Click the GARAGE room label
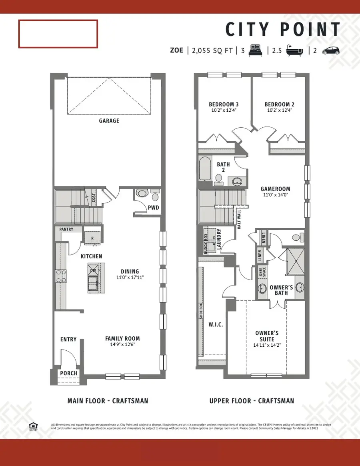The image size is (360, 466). click(109, 121)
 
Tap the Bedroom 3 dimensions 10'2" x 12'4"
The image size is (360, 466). click(224, 110)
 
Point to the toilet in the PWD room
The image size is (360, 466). click(142, 193)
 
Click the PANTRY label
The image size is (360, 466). click(66, 230)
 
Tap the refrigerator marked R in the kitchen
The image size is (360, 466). click(93, 237)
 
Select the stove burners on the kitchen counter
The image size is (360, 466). click(60, 276)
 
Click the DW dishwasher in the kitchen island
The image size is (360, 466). click(93, 271)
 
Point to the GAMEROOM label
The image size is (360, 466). click(275, 189)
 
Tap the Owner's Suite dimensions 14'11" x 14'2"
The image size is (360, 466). click(267, 345)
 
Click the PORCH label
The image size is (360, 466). click(68, 373)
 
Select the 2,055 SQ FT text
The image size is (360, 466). click(212, 50)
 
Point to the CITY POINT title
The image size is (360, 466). click(282, 30)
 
